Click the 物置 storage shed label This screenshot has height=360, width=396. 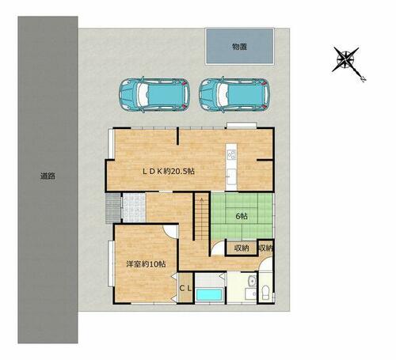(239, 47)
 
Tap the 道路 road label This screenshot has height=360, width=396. (48, 176)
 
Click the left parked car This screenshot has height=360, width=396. (154, 95)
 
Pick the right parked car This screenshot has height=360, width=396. (234, 95)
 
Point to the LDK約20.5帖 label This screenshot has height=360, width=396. (169, 171)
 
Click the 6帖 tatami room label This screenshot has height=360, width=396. (242, 216)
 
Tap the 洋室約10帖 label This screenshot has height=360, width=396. (146, 264)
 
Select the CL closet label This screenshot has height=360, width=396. (185, 288)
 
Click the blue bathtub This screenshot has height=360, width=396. (209, 295)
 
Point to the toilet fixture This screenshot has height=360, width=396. (265, 293)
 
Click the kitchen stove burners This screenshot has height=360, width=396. (231, 154)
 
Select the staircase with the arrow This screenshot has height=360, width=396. (202, 216)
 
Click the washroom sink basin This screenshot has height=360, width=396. (253, 282)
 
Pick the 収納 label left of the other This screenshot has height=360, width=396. (242, 248)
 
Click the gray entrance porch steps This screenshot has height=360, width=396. (113, 208)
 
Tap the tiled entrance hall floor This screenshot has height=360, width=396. (134, 207)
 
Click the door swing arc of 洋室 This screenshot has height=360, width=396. (169, 232)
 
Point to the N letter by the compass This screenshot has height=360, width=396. (364, 79)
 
